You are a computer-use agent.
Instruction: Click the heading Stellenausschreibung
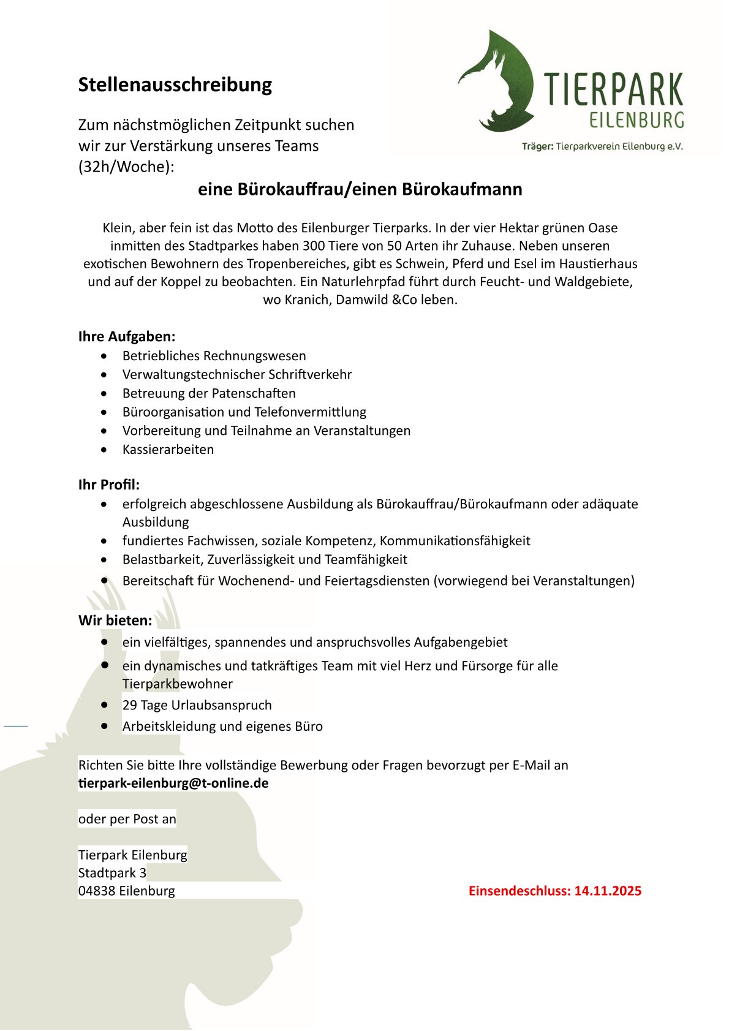pyautogui.click(x=175, y=85)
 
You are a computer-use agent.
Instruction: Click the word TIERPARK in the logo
pyautogui.click(x=613, y=90)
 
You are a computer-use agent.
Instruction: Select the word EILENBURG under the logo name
pyautogui.click(x=636, y=119)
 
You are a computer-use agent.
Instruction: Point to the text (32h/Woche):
pyautogui.click(x=126, y=167)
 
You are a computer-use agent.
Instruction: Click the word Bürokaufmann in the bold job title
pyautogui.click(x=462, y=189)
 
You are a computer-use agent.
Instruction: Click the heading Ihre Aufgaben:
pyautogui.click(x=127, y=336)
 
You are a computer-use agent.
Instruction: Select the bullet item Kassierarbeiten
pyautogui.click(x=168, y=450)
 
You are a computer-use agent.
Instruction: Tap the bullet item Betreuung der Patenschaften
pyautogui.click(x=209, y=393)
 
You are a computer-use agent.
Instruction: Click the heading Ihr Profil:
pyautogui.click(x=109, y=485)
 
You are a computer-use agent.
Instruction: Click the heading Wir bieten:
pyautogui.click(x=115, y=621)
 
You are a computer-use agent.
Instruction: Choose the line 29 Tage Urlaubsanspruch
pyautogui.click(x=197, y=705)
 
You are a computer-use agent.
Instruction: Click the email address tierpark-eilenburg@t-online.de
pyautogui.click(x=173, y=784)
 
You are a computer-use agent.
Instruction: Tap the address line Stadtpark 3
pyautogui.click(x=112, y=873)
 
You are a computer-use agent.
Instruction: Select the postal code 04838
pyautogui.click(x=97, y=891)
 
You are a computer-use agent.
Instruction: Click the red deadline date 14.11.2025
pyautogui.click(x=607, y=891)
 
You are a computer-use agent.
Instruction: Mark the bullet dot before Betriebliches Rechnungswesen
pyautogui.click(x=107, y=356)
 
